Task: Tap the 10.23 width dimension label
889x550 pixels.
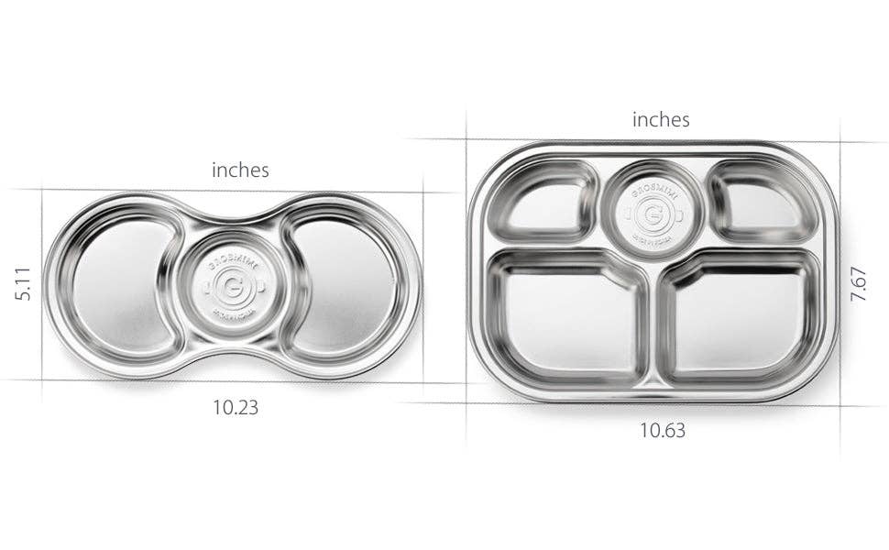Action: pyautogui.click(x=236, y=408)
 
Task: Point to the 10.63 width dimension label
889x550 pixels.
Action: pyautogui.click(x=663, y=430)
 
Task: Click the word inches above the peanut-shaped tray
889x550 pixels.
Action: pyautogui.click(x=240, y=170)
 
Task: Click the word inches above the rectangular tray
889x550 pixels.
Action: pyautogui.click(x=661, y=119)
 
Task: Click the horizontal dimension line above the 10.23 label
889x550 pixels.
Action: pyautogui.click(x=236, y=380)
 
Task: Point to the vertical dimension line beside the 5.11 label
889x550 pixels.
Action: pyautogui.click(x=42, y=284)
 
